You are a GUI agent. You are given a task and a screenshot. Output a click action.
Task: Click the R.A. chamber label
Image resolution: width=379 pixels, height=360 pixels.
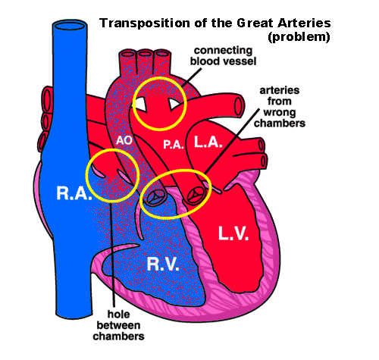[74, 193]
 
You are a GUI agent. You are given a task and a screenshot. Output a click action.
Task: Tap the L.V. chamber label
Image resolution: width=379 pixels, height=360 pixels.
[233, 233]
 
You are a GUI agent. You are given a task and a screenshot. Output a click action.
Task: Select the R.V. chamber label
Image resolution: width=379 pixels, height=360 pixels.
[163, 265]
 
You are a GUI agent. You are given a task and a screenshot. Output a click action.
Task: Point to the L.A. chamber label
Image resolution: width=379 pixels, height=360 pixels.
[208, 142]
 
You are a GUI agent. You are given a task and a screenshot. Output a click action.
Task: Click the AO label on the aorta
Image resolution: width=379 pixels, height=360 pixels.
[124, 140]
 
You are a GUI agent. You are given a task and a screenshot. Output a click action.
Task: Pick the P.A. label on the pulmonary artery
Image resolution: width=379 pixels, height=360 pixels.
[174, 145]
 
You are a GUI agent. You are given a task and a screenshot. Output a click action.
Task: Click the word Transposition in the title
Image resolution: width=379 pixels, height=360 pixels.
[145, 23]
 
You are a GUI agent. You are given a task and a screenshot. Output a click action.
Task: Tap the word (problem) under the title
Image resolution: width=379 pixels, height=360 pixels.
[299, 37]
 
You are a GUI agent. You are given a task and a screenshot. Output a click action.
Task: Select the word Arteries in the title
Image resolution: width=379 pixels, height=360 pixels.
[304, 23]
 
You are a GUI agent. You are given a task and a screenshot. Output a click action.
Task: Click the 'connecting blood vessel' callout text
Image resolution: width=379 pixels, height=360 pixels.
[223, 56]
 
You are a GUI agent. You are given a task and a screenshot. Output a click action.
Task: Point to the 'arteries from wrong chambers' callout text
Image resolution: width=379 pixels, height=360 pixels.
[280, 107]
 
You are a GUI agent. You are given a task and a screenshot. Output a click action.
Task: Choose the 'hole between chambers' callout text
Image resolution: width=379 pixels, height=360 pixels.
[118, 325]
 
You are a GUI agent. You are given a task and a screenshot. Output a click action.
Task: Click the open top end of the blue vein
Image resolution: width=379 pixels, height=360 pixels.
[70, 26]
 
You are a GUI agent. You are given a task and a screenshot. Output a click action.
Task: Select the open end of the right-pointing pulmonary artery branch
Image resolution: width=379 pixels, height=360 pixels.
[239, 105]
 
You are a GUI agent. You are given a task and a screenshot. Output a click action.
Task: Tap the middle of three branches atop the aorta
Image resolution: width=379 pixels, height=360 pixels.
[145, 55]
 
